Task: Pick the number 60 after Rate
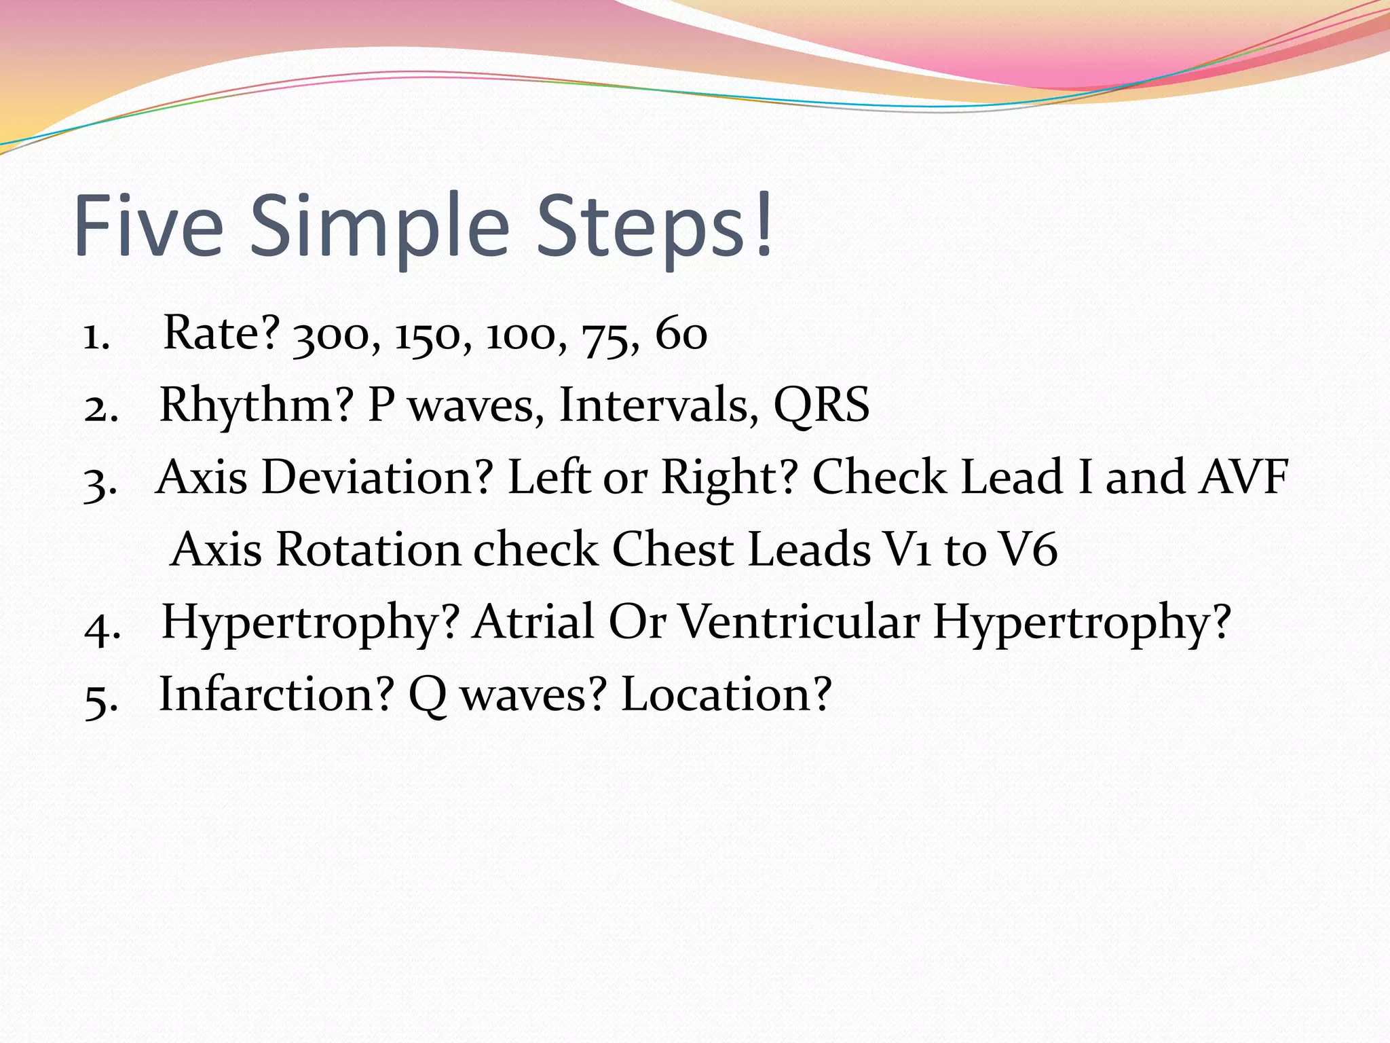pyautogui.click(x=681, y=334)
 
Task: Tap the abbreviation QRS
pyautogui.click(x=821, y=406)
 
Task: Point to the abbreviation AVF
pyautogui.click(x=1243, y=477)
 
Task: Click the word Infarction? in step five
pyautogui.click(x=276, y=694)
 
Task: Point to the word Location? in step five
pyautogui.click(x=726, y=694)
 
